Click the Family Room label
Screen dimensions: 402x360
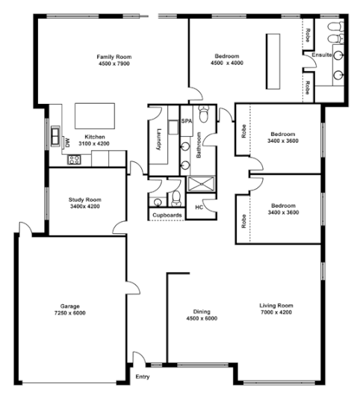pyautogui.click(x=114, y=56)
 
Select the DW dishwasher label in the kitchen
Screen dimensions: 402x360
pyautogui.click(x=66, y=140)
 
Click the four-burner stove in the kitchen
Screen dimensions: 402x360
pyautogui.click(x=74, y=159)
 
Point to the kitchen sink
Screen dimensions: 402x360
pyautogui.click(x=55, y=136)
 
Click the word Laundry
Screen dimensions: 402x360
pyautogui.click(x=159, y=140)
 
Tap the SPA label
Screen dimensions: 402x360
pyautogui.click(x=186, y=120)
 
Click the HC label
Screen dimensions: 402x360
pyautogui.click(x=199, y=207)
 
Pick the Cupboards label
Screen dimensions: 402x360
pyautogui.click(x=167, y=215)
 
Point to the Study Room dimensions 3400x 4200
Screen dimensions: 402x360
pyautogui.click(x=84, y=207)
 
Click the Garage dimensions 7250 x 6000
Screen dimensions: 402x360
pyautogui.click(x=69, y=313)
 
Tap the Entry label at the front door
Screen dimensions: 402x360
pyautogui.click(x=143, y=376)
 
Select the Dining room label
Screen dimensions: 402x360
pyautogui.click(x=202, y=312)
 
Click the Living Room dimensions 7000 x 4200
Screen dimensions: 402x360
pyautogui.click(x=276, y=312)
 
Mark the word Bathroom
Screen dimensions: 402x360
pyautogui.click(x=199, y=143)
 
